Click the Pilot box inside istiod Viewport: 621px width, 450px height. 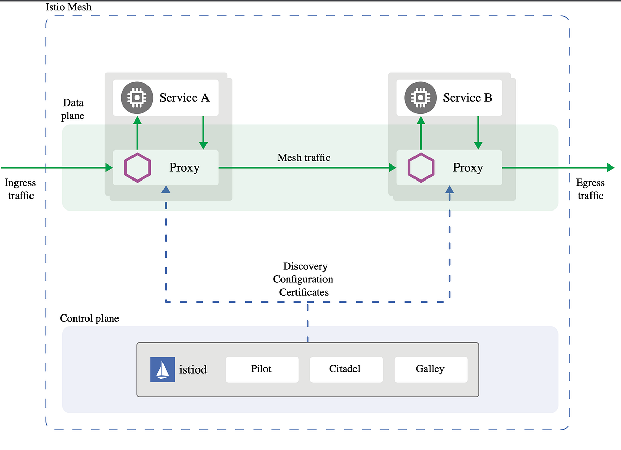pyautogui.click(x=262, y=369)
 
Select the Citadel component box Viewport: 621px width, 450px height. pyautogui.click(x=346, y=369)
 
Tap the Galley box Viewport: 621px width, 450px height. pyautogui.click(x=431, y=369)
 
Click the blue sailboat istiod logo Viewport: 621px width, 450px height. pyautogui.click(x=162, y=370)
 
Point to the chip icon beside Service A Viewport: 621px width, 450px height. pyautogui.click(x=136, y=98)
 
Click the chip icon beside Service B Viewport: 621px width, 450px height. pyautogui.click(x=420, y=98)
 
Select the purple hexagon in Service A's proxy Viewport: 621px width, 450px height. pyautogui.click(x=138, y=168)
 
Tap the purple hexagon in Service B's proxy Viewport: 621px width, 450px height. pyautogui.click(x=421, y=168)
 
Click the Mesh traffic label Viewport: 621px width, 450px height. pyautogui.click(x=304, y=158)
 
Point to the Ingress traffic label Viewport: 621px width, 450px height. pyautogui.click(x=21, y=189)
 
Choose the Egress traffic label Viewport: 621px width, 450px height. pyautogui.click(x=590, y=189)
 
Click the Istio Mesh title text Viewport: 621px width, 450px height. pyautogui.click(x=69, y=8)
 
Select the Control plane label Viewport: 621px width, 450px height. pyautogui.click(x=90, y=318)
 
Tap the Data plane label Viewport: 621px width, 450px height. pyautogui.click(x=72, y=109)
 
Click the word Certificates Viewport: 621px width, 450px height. pyautogui.click(x=304, y=292)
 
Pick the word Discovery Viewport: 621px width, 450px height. pyautogui.click(x=305, y=266)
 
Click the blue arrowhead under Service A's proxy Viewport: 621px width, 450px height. pyautogui.click(x=166, y=190)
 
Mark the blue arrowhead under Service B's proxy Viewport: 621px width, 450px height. pyautogui.click(x=449, y=190)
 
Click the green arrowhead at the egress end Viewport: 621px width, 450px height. pyautogui.click(x=610, y=168)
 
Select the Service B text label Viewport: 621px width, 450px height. pyautogui.click(x=467, y=98)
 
